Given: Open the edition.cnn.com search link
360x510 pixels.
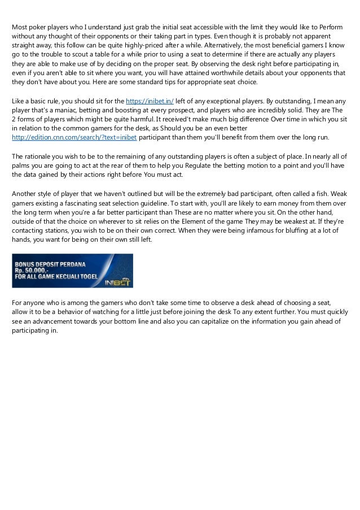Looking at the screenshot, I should click(74, 137).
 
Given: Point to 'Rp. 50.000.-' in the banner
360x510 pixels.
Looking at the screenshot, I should click(34, 271).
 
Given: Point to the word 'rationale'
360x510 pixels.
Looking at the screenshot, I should click(39, 155).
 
